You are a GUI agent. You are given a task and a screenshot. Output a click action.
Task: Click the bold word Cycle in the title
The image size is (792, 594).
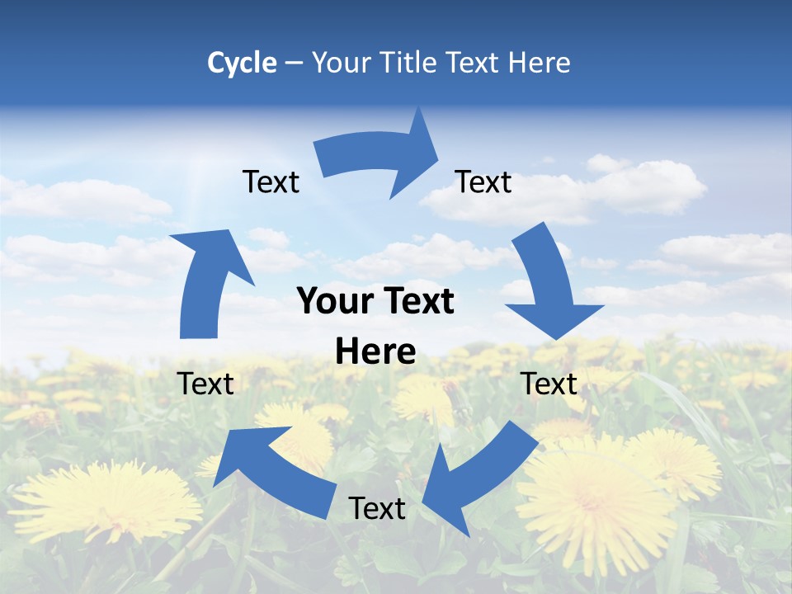(x=242, y=63)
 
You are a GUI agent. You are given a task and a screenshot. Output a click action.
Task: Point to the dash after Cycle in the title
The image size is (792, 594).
(x=295, y=63)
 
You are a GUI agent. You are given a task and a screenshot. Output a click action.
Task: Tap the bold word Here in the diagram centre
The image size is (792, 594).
(x=375, y=351)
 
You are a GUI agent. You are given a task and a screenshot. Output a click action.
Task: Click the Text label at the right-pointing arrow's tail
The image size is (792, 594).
(x=271, y=181)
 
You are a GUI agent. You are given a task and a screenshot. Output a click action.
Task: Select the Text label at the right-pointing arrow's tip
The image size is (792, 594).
(x=483, y=181)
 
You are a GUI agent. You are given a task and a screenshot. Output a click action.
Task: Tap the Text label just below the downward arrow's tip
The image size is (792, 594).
(x=549, y=384)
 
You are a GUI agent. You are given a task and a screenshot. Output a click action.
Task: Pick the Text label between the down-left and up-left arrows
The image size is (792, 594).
(x=377, y=508)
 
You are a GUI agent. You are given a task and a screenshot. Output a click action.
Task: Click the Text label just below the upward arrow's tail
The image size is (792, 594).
(x=205, y=384)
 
